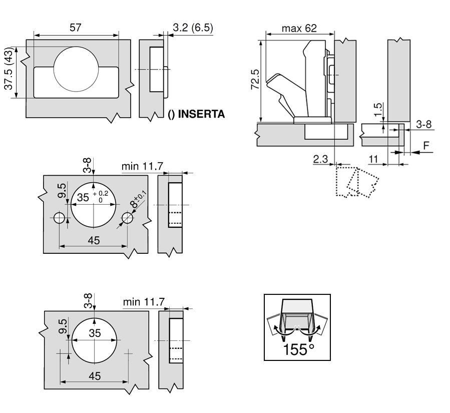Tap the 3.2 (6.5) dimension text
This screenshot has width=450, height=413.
coord(192,28)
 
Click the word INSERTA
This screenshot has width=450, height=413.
coord(201,115)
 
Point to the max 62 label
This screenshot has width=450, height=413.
coord(299,29)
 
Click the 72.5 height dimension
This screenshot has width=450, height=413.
coord(255,79)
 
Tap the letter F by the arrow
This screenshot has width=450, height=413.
coord(426,146)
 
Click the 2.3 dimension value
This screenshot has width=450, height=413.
coord(320,159)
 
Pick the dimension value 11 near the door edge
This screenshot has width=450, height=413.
coord(373,159)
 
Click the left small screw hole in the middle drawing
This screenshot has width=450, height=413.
coord(59,218)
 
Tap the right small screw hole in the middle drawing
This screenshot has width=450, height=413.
coord(127,218)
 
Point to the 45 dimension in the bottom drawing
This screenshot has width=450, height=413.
coord(94,375)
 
